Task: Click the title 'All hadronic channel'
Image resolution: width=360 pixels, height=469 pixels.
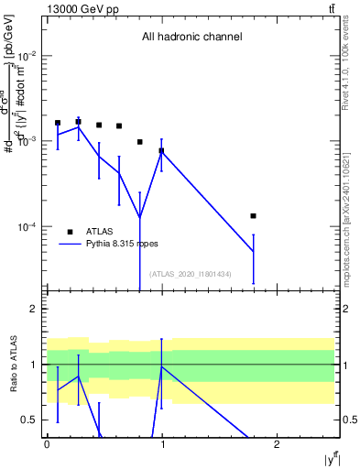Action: coord(191,38)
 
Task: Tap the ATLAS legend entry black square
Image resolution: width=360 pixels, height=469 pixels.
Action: coord(71,232)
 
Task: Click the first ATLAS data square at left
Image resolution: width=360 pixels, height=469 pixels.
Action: coord(58,123)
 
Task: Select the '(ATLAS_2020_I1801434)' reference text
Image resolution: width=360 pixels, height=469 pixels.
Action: coord(191,274)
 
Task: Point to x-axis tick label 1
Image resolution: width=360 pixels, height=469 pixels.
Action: coord(162,445)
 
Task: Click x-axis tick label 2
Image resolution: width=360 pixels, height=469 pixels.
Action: coord(277,445)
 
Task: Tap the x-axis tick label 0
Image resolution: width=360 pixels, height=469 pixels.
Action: coord(47,445)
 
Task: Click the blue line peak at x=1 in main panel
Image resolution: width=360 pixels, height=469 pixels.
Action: coord(161,151)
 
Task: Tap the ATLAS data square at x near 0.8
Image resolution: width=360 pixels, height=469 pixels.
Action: coord(139,142)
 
